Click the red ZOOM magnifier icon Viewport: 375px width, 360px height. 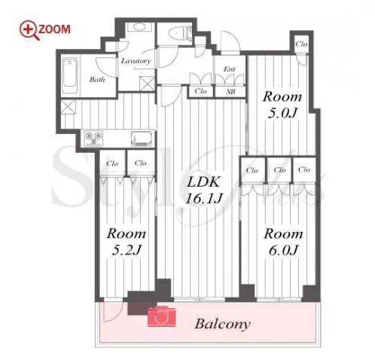(29, 30)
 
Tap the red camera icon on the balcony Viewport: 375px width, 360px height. (161, 316)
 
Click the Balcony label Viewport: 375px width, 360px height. (223, 324)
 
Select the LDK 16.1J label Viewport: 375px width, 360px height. (203, 190)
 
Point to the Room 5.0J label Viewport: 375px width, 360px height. (282, 105)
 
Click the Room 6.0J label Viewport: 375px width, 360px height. (283, 242)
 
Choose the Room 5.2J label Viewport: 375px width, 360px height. (127, 242)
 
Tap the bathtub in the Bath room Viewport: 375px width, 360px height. (70, 76)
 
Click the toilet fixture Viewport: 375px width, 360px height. (180, 33)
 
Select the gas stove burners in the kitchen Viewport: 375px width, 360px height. (93, 138)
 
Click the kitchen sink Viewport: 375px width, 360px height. (142, 139)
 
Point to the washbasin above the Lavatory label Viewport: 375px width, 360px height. (139, 27)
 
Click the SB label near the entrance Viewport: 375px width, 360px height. (230, 92)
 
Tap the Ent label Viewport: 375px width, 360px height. (230, 69)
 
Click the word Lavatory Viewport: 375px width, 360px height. (136, 61)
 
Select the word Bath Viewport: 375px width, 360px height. (97, 80)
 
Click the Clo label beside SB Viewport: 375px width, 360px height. (200, 91)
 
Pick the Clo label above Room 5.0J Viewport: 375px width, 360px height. (301, 44)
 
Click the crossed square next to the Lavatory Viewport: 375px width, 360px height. (147, 84)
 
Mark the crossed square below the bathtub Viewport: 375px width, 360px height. (69, 107)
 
